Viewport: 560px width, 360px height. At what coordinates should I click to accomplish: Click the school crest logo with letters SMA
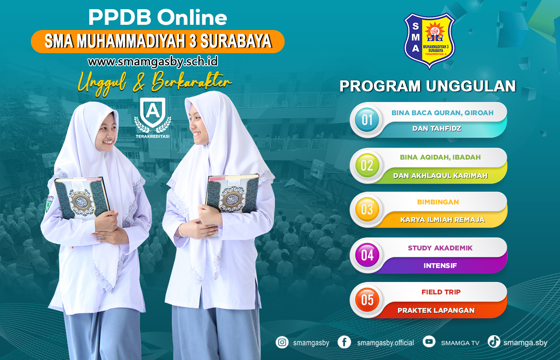[x=429, y=41]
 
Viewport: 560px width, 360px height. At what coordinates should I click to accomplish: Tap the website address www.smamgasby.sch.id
[x=153, y=62]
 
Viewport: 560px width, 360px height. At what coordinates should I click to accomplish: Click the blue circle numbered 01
[x=367, y=120]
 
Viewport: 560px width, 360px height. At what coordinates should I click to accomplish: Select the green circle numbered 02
[x=367, y=165]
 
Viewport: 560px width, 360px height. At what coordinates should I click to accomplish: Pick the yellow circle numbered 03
[x=367, y=210]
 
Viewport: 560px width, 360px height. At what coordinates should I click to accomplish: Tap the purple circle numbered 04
[x=367, y=255]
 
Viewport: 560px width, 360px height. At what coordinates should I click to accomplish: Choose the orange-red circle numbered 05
[x=367, y=300]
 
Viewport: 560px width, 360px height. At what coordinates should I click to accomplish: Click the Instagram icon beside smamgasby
[x=282, y=342]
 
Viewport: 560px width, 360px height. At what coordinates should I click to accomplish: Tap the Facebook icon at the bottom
[x=344, y=342]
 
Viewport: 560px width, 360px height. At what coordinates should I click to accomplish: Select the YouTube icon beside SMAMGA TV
[x=429, y=342]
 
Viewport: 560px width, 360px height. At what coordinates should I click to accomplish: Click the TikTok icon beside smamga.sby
[x=494, y=342]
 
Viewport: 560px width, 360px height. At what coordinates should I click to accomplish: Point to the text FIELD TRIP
[x=441, y=292]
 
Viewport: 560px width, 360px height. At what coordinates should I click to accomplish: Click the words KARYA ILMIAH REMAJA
[x=442, y=220]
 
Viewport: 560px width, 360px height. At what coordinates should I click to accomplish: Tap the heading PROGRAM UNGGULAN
[x=428, y=86]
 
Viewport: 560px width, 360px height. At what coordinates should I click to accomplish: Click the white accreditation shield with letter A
[x=152, y=112]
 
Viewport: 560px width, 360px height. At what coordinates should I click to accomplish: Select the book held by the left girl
[x=82, y=198]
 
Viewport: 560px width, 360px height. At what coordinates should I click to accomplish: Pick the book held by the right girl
[x=232, y=194]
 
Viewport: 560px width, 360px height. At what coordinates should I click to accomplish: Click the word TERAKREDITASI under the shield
[x=152, y=136]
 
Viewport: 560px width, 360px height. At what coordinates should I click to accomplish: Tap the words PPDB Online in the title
[x=158, y=18]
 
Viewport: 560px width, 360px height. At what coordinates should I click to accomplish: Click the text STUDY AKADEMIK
[x=440, y=248]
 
